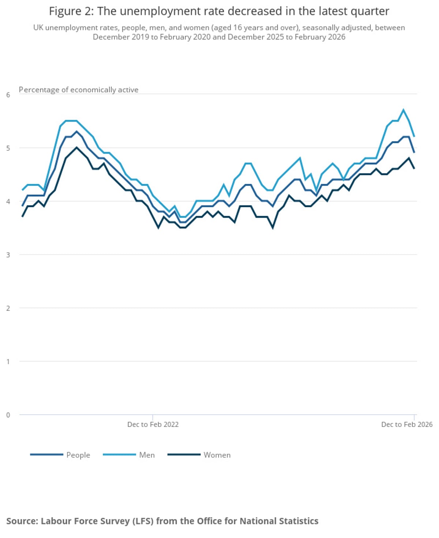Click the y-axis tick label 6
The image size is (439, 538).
coord(8,95)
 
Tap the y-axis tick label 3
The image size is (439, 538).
coord(8,255)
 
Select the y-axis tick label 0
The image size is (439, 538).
coord(8,415)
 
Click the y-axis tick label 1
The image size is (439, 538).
coord(8,361)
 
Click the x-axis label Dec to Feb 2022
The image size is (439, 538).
coord(153,424)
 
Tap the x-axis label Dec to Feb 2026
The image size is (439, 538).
coord(406,424)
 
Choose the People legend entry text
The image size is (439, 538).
coord(78,455)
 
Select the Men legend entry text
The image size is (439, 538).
coord(147,455)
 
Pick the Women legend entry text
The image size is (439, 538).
coord(217,455)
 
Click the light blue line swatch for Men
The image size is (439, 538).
coord(119,455)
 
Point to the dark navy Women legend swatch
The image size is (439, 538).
coord(184,455)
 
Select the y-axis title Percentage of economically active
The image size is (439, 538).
coord(79,90)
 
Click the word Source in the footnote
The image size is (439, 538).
coord(22,521)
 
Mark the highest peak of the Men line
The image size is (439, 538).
coord(403,110)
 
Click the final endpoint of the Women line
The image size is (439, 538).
coord(414,168)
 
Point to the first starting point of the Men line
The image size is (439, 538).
coord(22,190)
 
